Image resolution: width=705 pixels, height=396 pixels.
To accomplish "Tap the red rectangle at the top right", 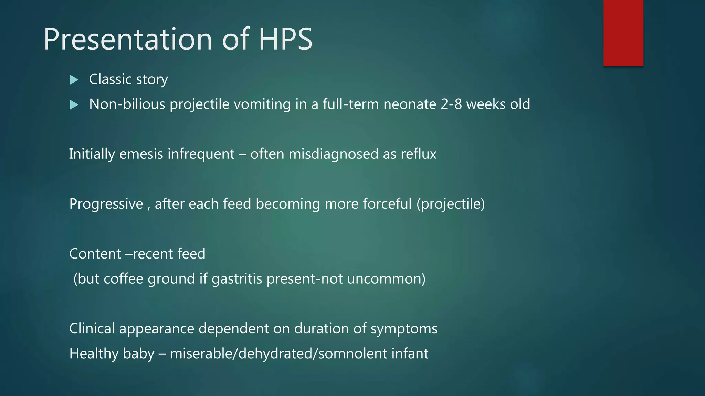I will pos(623,33).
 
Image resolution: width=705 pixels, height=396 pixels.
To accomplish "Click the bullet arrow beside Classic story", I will pos(74,80).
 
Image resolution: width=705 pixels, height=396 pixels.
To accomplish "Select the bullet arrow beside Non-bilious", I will pos(74,104).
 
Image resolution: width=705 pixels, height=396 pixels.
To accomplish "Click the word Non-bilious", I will pos(127,104).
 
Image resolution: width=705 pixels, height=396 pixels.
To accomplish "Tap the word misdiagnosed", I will pos(333,154).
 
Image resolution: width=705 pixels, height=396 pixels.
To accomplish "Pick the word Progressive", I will pos(106,204).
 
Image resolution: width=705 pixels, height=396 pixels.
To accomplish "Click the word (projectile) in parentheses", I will pos(451,204).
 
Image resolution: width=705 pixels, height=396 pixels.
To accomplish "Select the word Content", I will pos(95,254).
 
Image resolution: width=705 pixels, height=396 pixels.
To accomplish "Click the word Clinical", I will pos(92,329).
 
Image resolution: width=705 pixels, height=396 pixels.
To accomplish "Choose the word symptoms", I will pos(404,329).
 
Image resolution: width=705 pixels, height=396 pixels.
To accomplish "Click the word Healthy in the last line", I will pos(93,354).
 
